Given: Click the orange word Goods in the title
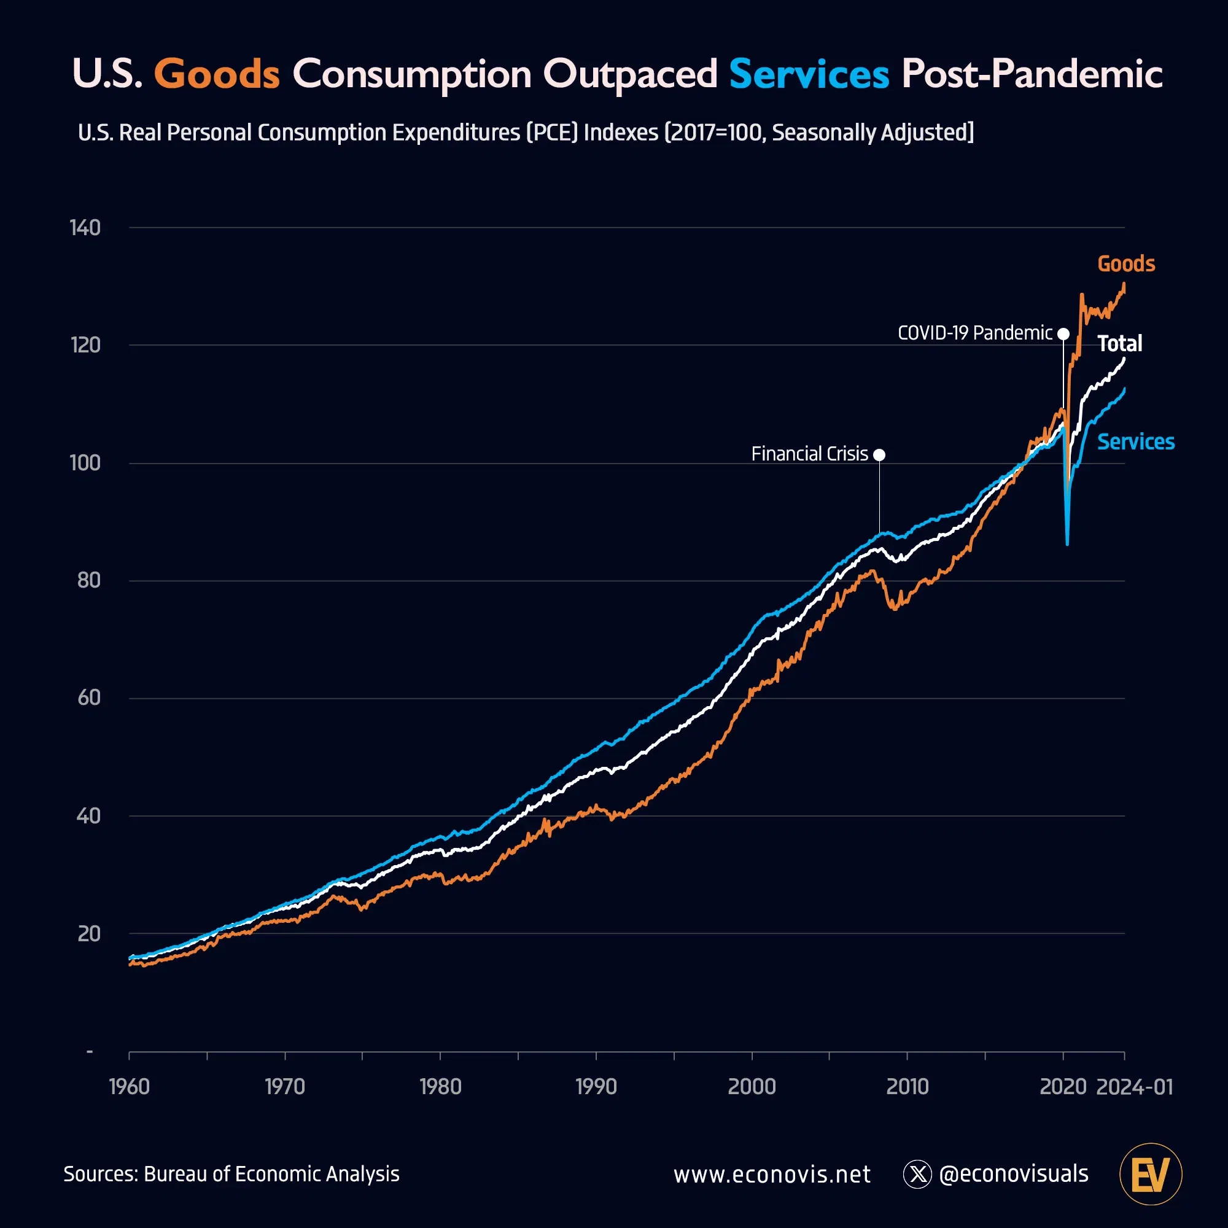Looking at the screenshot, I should coord(217,74).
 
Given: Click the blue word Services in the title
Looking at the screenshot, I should coord(809,74).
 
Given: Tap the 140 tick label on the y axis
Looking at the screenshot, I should coord(85,228).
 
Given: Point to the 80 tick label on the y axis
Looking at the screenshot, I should coord(89,580).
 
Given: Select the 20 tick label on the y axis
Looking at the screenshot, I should coord(89,934).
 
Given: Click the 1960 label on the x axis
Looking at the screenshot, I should coord(130,1086).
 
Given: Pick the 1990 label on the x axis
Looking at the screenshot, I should coord(596,1086).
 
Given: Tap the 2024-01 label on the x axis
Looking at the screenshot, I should coord(1135,1086).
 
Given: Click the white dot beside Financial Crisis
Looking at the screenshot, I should coord(879,454).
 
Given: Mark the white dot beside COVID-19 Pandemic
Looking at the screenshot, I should coord(1063,333).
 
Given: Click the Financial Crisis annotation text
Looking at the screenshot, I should coord(809,454).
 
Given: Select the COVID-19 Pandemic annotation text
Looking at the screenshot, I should coord(974,333).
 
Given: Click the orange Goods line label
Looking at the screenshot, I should coord(1125,264).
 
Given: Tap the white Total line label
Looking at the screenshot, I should coord(1119,344).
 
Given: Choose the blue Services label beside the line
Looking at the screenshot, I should coord(1135,441).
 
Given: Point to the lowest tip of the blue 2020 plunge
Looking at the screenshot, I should coord(1067,543).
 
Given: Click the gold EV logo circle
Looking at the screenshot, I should coord(1151,1174).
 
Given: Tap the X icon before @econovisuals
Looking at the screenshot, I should coord(917,1174).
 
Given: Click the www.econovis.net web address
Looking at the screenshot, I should coord(772,1175).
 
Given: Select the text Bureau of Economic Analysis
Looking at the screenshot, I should coord(271,1174).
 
